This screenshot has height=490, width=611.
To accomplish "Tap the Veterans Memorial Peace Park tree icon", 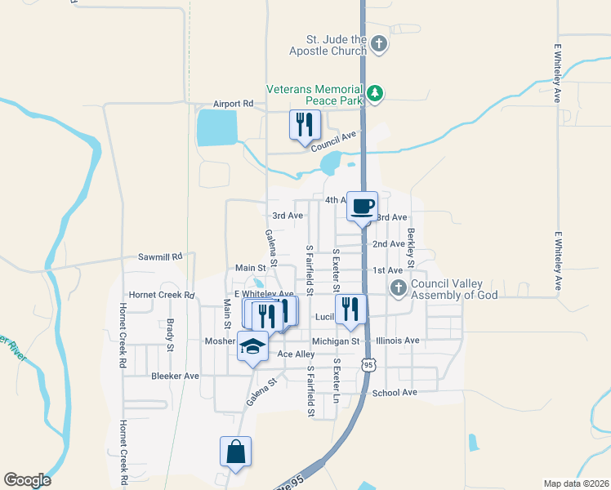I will coord(375,94).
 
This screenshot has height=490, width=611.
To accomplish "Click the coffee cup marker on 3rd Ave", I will coord(361,206).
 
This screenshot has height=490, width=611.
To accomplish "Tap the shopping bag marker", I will coord(235,452).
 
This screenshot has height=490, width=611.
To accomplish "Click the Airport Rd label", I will coord(234,104).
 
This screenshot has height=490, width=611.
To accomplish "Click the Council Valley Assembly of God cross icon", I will coord(398,287).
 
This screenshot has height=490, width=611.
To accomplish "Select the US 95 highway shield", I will coord(370,366).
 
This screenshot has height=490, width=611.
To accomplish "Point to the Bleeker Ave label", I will coord(176,376).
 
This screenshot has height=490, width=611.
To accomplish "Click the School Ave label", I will coord(395,393).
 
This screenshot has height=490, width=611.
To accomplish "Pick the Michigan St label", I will coord(335,341).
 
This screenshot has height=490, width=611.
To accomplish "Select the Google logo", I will coord(27,479).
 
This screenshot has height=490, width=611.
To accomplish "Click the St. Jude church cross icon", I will coord(378,44).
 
